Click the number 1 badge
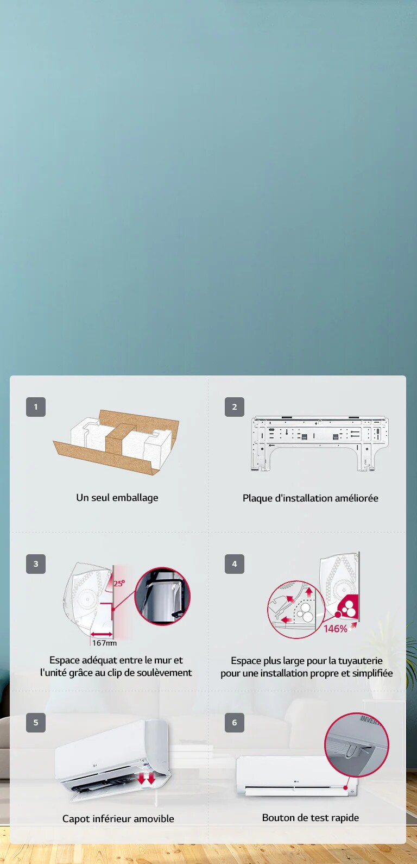click(36, 407)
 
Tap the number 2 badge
click(235, 407)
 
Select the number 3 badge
click(36, 564)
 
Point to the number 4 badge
click(235, 564)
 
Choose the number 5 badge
click(36, 723)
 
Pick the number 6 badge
click(235, 723)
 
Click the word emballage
click(135, 498)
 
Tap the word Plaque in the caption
click(257, 498)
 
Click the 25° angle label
click(119, 584)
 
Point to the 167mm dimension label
click(104, 643)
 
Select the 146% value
click(336, 629)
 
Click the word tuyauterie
click(361, 661)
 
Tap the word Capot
click(75, 819)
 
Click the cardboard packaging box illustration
click(116, 442)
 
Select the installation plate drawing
click(319, 443)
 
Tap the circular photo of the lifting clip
click(162, 596)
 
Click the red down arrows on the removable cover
click(147, 779)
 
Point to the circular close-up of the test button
click(357, 744)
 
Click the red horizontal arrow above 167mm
click(102, 634)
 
